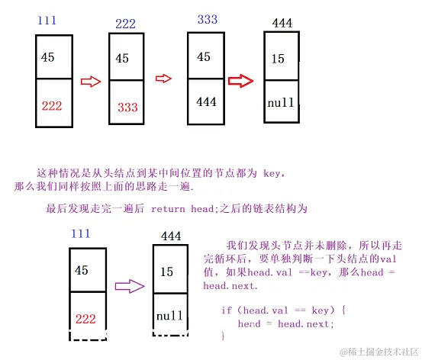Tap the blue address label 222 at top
[126, 24]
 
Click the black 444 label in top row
[282, 24]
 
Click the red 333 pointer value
[128, 108]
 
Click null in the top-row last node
[282, 100]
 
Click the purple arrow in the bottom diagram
[128, 287]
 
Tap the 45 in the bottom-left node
[82, 270]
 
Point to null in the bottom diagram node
[170, 315]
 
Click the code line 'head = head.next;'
[286, 323]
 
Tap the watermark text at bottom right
[379, 352]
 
